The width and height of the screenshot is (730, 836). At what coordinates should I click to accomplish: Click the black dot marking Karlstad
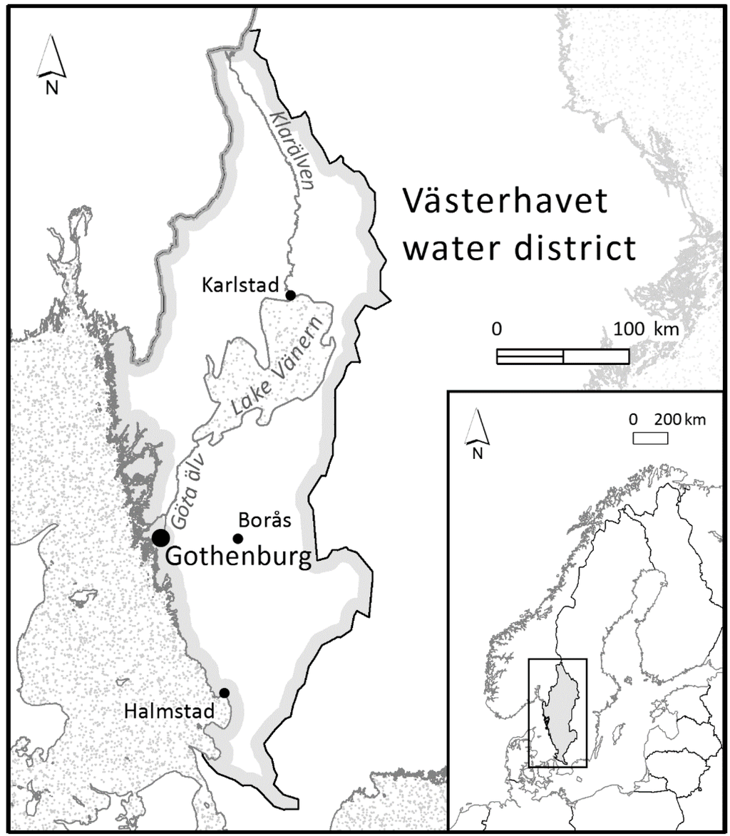pos(290,295)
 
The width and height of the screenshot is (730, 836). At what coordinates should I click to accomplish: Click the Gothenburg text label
pos(239,557)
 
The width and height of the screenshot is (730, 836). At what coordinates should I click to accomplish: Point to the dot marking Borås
pos(238,538)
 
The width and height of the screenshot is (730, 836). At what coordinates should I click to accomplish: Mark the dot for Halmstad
pos(225,693)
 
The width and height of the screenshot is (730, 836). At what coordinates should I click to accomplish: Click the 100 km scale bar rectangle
pos(562,356)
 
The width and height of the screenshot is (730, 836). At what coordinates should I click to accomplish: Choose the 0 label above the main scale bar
pos(498,330)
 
